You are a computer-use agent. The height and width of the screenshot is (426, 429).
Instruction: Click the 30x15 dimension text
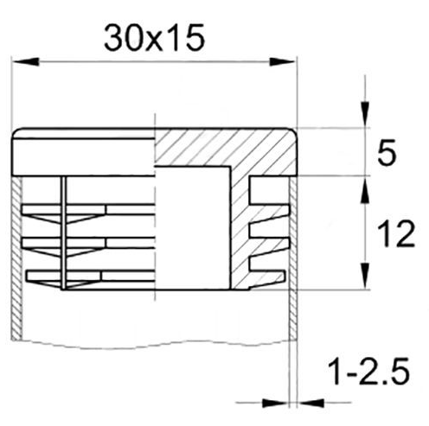[x=154, y=38]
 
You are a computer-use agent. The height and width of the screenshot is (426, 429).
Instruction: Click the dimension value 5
[x=387, y=152]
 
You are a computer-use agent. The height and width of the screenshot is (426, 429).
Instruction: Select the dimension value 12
[x=396, y=234]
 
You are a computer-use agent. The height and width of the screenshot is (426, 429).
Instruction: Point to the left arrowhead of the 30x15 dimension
[x=25, y=61]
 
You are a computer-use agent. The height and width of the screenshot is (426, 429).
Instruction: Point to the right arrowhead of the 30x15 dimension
[x=283, y=61]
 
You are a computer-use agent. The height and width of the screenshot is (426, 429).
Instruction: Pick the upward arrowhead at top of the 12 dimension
[x=366, y=189]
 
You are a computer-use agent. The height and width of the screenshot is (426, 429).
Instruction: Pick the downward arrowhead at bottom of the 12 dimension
[x=366, y=276]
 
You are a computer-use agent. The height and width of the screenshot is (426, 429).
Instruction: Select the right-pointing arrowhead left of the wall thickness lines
[x=275, y=403]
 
